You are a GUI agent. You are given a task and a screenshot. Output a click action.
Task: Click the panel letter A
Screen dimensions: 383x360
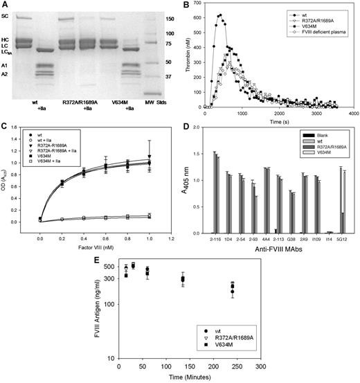[6, 6]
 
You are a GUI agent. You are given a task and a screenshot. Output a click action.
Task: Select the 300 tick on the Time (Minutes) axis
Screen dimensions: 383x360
[260, 367]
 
